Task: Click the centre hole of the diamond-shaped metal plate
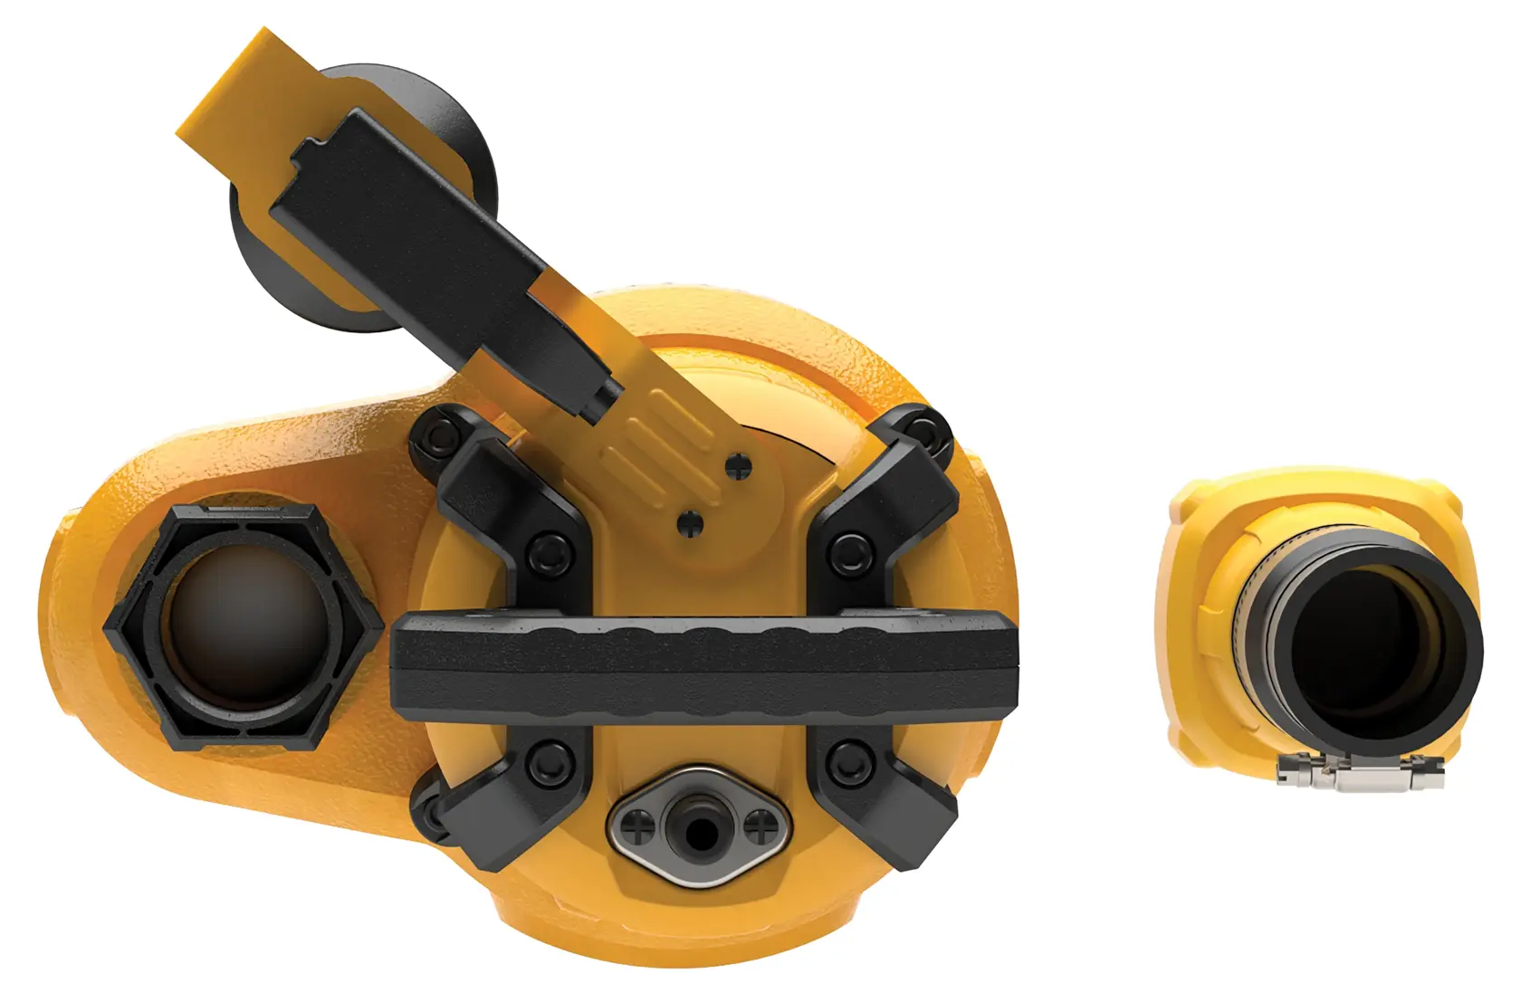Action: point(698,826)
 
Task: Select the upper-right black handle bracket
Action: point(892,493)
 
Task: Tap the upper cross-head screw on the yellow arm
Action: point(741,468)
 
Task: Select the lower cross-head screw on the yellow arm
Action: point(692,522)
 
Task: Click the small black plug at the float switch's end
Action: point(603,398)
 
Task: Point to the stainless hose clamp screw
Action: point(1358,775)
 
